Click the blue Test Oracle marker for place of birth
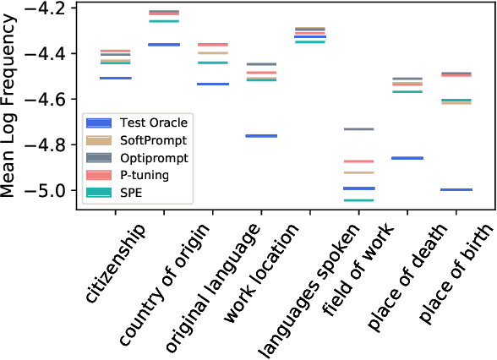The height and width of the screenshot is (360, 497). [x=456, y=189]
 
